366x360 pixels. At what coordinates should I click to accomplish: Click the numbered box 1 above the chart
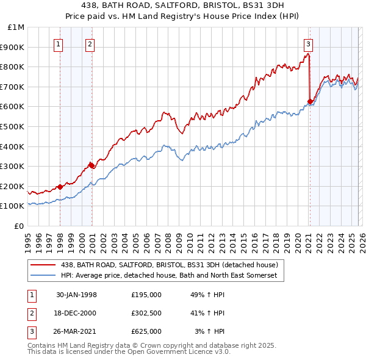[x=58, y=43]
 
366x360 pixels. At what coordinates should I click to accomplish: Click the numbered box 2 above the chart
[x=90, y=43]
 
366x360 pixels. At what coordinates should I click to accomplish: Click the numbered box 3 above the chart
[x=308, y=43]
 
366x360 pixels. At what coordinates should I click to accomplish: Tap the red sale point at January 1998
[x=60, y=187]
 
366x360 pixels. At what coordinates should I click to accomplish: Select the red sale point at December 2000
[x=91, y=165]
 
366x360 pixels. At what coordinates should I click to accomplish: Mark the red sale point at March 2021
[x=310, y=101]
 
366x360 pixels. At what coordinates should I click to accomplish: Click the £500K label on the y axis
[x=13, y=126]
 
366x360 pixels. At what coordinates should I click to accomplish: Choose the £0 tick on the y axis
[x=19, y=226]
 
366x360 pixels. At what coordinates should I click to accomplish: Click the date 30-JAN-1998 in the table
[x=76, y=295]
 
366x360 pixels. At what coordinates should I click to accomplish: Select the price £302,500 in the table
[x=146, y=313]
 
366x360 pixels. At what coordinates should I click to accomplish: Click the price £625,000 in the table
[x=146, y=331]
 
